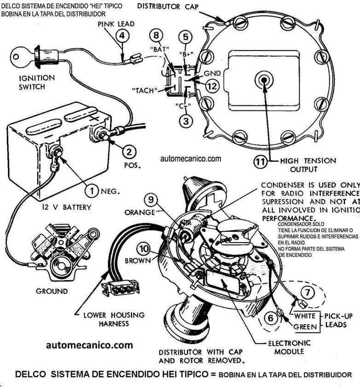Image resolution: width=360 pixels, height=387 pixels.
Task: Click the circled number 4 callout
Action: pyautogui.click(x=121, y=35)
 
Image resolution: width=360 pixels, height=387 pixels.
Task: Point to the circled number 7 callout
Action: pyautogui.click(x=308, y=291)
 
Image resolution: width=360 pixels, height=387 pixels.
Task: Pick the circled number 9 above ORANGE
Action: pyautogui.click(x=151, y=200)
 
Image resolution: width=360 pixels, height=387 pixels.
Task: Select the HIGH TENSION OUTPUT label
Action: pyautogui.click(x=308, y=165)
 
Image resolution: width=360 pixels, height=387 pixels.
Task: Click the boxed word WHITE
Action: pyautogui.click(x=304, y=317)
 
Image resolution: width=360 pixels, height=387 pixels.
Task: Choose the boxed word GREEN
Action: pyautogui.click(x=304, y=327)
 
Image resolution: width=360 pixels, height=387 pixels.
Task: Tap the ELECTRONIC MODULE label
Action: pyautogui.click(x=289, y=347)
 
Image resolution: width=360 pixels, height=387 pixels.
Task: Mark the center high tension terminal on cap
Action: pyautogui.click(x=264, y=79)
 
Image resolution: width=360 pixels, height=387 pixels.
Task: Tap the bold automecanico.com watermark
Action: pyautogui.click(x=90, y=345)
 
